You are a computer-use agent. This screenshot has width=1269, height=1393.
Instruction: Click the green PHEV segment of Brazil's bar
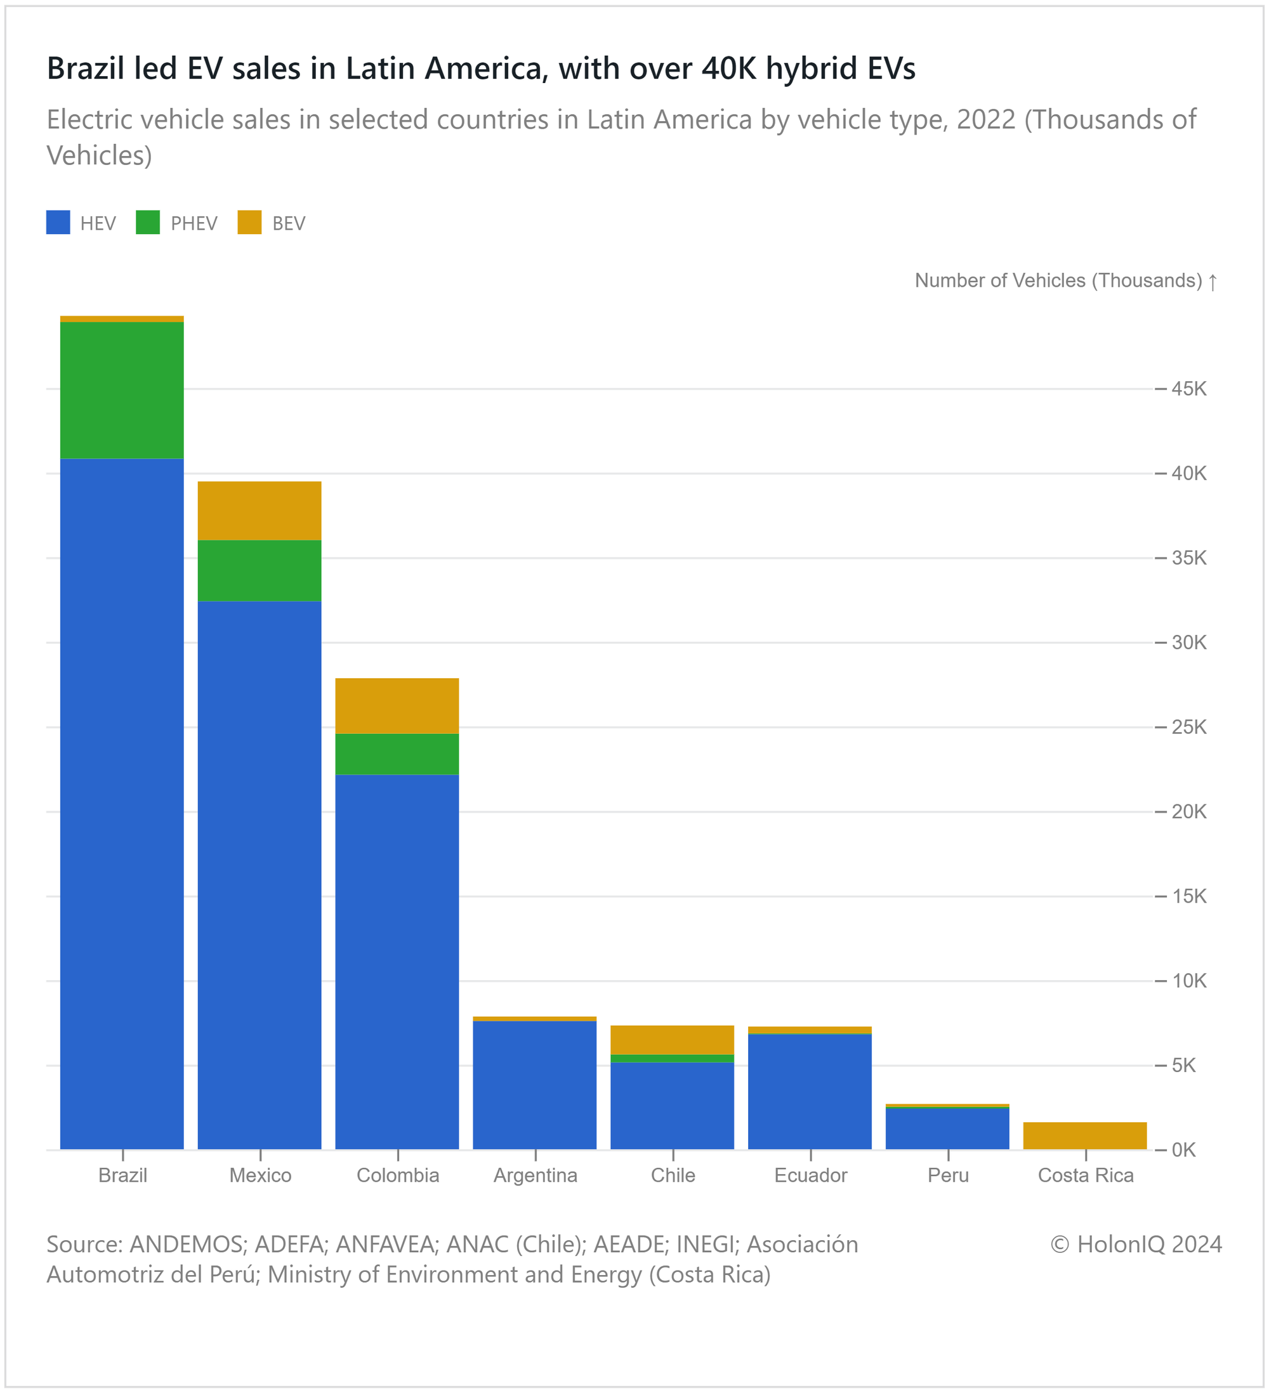pos(122,389)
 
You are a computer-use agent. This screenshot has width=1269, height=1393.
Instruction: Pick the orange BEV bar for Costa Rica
pos(1084,1135)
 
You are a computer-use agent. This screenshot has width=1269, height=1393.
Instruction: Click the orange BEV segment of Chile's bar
pos(672,1039)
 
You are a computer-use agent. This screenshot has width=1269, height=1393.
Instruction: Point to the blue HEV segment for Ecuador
pos(810,1091)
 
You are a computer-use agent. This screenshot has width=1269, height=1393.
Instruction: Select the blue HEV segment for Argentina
pos(534,1085)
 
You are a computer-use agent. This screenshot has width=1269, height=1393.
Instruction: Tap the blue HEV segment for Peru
pos(947,1128)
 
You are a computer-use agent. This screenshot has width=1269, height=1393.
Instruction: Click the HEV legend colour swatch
pos(58,223)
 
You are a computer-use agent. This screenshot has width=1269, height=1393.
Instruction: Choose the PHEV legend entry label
pos(194,223)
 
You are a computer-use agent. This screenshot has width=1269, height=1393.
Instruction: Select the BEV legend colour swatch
pos(249,223)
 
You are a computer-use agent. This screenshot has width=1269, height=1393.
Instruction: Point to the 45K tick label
pos(1189,389)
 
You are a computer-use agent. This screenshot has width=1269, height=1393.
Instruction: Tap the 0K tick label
pos(1183,1150)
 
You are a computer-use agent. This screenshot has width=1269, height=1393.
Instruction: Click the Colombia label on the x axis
pos(397,1175)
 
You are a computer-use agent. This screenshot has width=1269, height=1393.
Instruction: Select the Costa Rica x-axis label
pos(1085,1175)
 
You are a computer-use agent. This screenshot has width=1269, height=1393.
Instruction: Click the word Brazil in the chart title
pos(86,69)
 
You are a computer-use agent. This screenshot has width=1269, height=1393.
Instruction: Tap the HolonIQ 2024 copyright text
pos(1136,1245)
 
